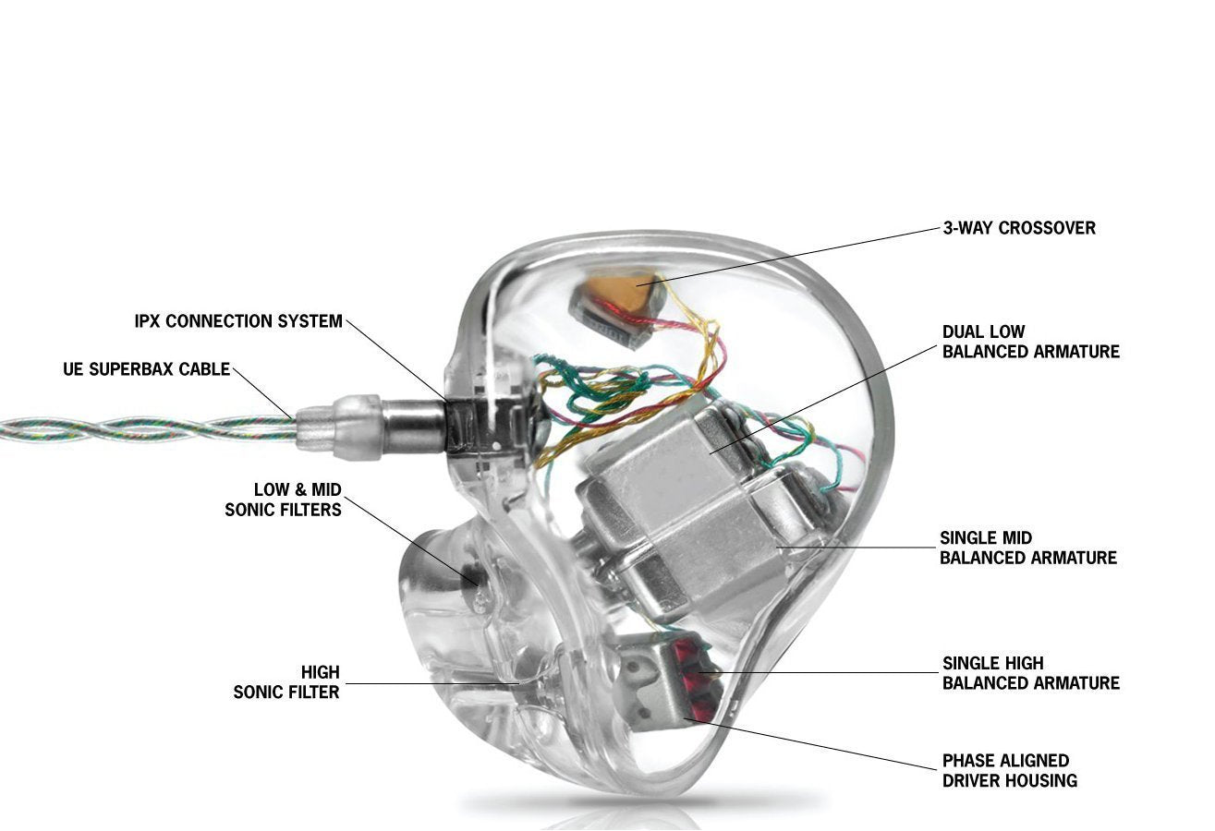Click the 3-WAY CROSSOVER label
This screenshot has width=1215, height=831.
click(x=1018, y=228)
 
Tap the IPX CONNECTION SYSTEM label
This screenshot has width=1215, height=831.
click(x=238, y=321)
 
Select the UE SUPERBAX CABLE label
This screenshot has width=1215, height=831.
click(x=146, y=369)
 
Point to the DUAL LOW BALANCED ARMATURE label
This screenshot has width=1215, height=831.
click(x=1030, y=342)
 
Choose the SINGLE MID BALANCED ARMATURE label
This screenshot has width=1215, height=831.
click(x=1027, y=548)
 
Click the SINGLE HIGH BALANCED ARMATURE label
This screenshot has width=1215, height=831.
click(x=1030, y=673)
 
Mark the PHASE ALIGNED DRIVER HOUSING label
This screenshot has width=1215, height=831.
click(x=1009, y=770)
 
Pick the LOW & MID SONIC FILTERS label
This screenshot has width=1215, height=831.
click(x=284, y=499)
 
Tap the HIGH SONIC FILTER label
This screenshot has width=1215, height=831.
click(x=286, y=681)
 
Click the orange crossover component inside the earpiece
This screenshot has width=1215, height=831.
click(x=621, y=293)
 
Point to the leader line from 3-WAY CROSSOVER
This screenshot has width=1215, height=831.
click(x=795, y=252)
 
